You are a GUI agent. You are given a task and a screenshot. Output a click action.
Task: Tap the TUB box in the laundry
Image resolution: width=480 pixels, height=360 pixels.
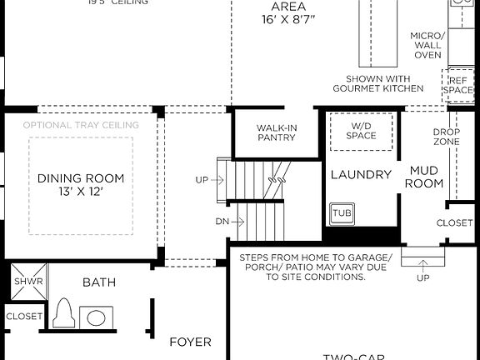pyautogui.click(x=342, y=213)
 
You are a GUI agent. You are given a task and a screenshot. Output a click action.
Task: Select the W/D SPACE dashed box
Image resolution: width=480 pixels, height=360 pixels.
pyautogui.click(x=362, y=131)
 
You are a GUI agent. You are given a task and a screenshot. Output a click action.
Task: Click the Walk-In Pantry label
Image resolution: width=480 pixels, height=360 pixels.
pyautogui.click(x=277, y=132)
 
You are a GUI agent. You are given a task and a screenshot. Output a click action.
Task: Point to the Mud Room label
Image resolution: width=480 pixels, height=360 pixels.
pyautogui.click(x=423, y=177)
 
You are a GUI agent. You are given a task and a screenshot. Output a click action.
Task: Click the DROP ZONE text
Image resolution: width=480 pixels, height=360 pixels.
pyautogui.click(x=447, y=137)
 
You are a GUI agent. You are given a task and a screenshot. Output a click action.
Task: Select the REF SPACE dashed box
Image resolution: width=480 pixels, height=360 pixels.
pyautogui.click(x=457, y=86)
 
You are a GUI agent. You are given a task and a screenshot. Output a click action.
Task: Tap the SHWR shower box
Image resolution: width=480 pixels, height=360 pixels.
pyautogui.click(x=22, y=282)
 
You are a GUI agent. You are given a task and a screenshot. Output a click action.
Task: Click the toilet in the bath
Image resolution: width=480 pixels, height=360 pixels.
pyautogui.click(x=64, y=315)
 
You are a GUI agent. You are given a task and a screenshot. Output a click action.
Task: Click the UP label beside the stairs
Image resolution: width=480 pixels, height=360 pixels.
pyautogui.click(x=202, y=179)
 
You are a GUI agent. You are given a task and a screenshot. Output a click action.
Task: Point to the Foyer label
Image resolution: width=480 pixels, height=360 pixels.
pyautogui.click(x=190, y=342)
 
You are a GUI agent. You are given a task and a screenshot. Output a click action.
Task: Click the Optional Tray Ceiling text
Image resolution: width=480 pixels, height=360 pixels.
pyautogui.click(x=81, y=125)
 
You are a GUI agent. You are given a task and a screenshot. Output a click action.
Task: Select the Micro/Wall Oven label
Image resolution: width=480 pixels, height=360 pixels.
pyautogui.click(x=428, y=45)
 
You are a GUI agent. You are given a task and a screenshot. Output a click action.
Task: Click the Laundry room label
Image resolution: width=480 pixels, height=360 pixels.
pyautogui.click(x=361, y=174)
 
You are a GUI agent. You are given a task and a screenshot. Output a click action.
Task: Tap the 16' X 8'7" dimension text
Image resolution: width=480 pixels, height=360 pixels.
pyautogui.click(x=287, y=18)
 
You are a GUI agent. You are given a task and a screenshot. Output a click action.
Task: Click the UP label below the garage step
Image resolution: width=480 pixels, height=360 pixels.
pyautogui.click(x=422, y=277)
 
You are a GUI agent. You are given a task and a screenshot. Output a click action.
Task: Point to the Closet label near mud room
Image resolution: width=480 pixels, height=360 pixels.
pyautogui.click(x=455, y=222)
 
